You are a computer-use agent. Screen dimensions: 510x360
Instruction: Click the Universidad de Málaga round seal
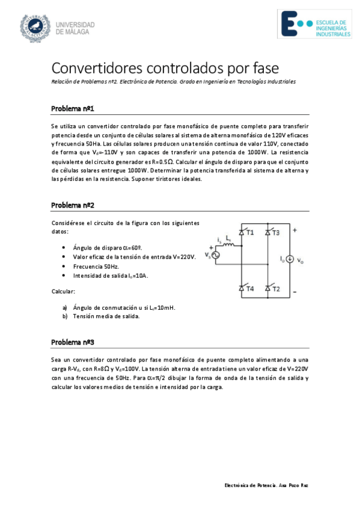(x=36, y=26)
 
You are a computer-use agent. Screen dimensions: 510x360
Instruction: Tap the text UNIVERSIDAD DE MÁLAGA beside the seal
(x=75, y=28)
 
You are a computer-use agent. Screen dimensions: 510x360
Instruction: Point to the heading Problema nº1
(x=72, y=109)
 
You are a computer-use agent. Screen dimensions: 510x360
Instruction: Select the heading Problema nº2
(x=72, y=205)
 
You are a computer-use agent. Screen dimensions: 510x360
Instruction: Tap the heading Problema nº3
(x=72, y=342)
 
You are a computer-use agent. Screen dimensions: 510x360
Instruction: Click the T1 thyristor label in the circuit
(x=250, y=232)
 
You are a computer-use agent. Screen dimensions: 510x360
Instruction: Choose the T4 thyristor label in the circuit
(x=250, y=289)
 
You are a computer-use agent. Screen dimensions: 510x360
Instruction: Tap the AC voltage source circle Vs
(x=213, y=256)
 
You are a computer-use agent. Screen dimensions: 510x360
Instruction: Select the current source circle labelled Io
(x=290, y=259)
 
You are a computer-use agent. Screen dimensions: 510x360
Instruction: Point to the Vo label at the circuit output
(x=301, y=262)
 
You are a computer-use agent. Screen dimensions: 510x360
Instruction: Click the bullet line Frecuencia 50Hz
(x=96, y=266)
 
